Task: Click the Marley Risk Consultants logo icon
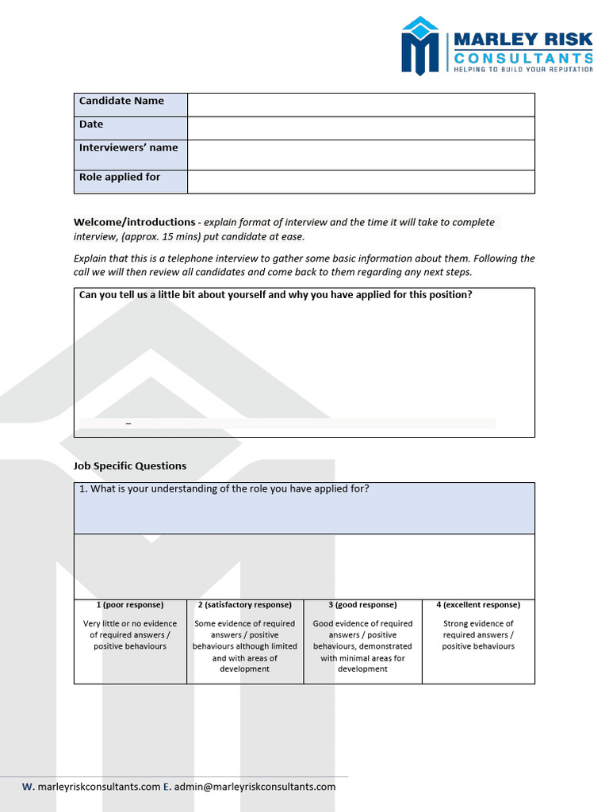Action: click(420, 46)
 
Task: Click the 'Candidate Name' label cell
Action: click(121, 101)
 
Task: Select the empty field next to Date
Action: click(361, 128)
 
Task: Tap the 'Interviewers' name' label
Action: click(128, 148)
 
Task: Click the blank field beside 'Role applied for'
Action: click(361, 182)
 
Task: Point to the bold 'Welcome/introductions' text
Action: click(135, 222)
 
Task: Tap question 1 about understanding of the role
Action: click(224, 489)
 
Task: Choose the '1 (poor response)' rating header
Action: click(130, 605)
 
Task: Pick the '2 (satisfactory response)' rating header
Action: click(245, 605)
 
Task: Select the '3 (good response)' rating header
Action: click(362, 605)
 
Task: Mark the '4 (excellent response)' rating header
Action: click(478, 605)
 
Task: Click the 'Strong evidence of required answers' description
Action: click(478, 635)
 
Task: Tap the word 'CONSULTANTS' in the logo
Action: click(523, 58)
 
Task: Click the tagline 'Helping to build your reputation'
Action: click(523, 70)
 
